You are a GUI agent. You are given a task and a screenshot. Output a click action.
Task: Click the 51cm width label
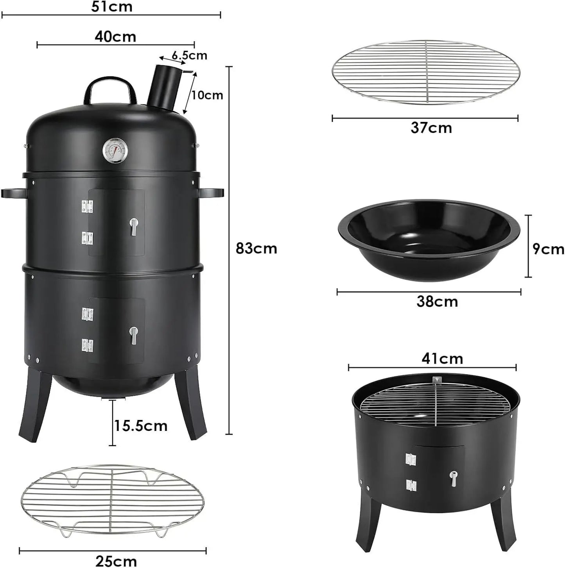point(112,7)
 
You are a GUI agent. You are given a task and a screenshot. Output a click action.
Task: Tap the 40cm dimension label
point(115,37)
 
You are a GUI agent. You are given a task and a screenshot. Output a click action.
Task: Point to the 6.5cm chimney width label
point(189,55)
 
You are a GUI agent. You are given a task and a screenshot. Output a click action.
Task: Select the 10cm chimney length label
point(207,95)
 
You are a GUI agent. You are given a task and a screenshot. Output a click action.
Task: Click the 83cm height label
point(256,248)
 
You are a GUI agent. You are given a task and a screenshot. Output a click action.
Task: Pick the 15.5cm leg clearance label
point(141,425)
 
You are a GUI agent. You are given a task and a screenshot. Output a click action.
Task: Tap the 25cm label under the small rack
point(116,561)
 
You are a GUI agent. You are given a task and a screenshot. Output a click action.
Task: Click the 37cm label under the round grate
point(431,128)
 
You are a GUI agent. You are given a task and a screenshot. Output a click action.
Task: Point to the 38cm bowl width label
point(437,302)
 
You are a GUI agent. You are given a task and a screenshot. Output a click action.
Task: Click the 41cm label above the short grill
point(442,358)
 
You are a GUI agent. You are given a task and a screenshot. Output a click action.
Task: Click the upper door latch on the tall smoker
point(134,226)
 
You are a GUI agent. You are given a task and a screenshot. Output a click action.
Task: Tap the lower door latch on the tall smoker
point(134,335)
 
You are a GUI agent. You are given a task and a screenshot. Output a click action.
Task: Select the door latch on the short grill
point(453,479)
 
